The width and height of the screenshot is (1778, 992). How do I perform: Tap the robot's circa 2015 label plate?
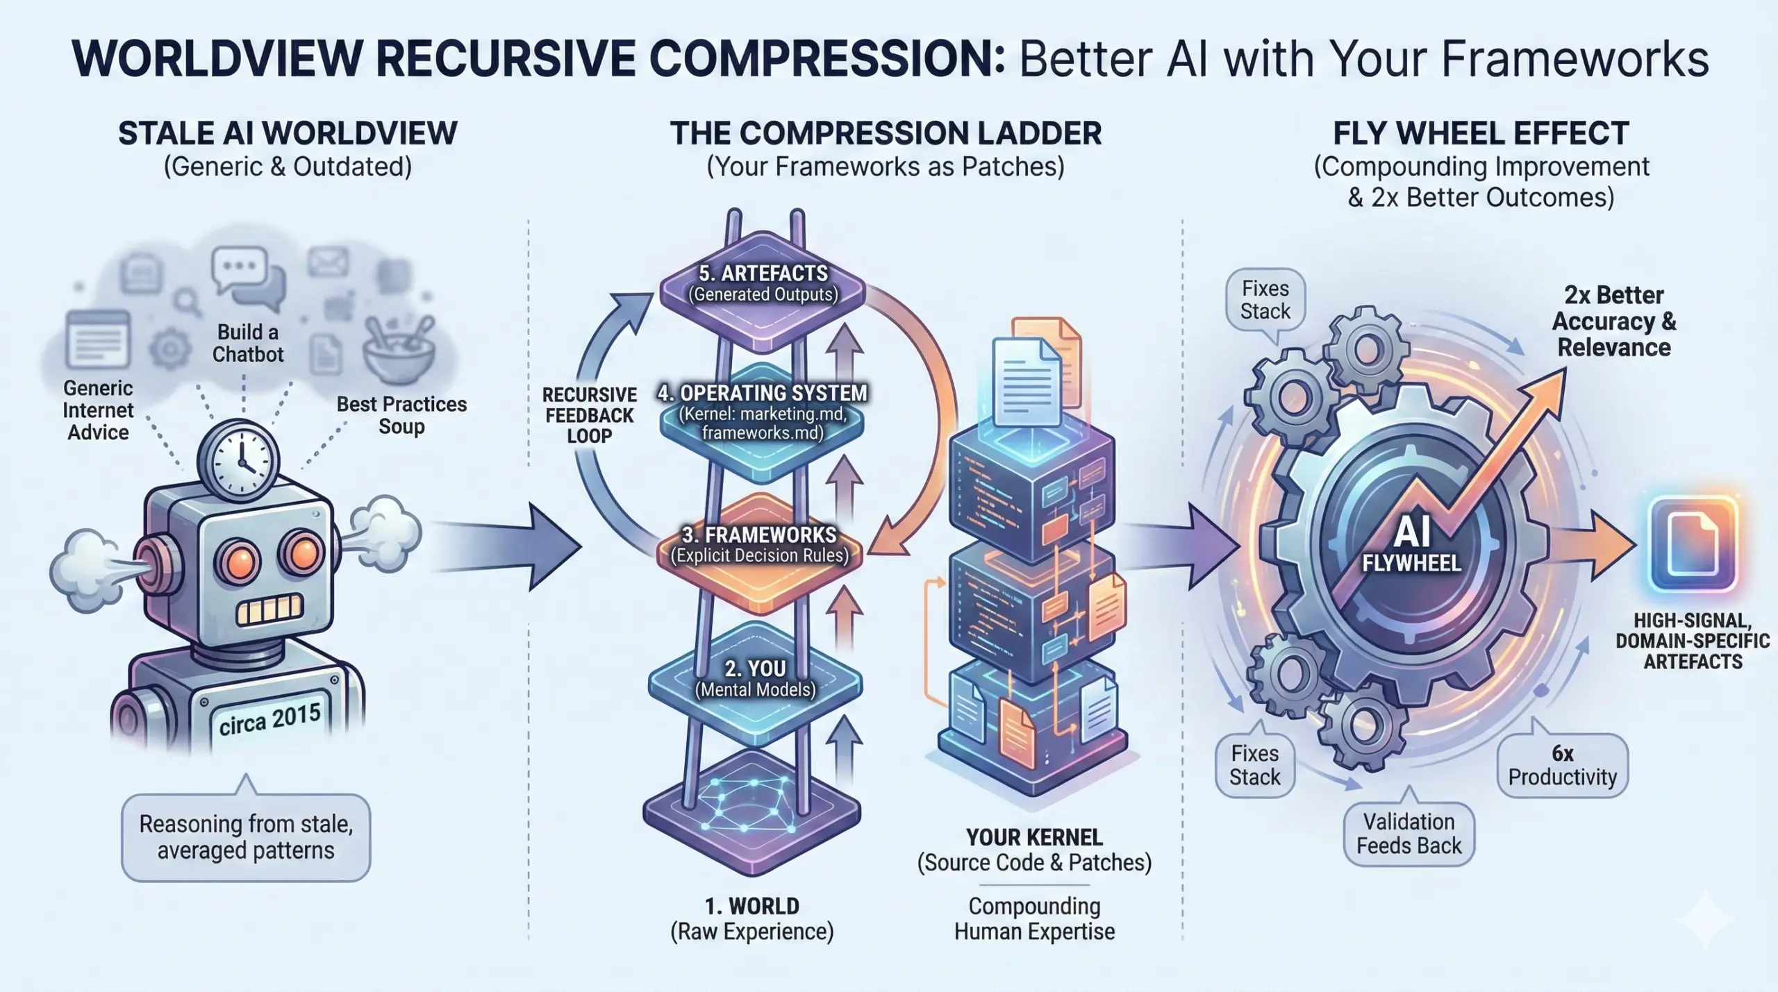click(269, 720)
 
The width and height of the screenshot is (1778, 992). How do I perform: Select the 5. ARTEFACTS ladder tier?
click(763, 284)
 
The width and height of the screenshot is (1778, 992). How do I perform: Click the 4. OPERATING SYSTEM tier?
click(763, 412)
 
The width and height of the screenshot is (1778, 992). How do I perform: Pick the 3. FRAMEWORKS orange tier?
click(760, 545)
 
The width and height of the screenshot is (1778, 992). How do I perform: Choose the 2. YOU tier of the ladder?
click(756, 678)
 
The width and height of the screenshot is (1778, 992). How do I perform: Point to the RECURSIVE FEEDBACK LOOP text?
click(589, 415)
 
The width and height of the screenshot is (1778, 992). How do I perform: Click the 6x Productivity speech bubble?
click(1562, 765)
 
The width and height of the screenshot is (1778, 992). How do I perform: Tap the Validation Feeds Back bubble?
click(1409, 834)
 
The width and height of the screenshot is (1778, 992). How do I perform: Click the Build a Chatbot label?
click(248, 343)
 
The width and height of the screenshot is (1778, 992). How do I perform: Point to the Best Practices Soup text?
click(401, 415)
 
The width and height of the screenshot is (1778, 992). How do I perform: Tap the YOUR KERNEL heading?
click(1034, 837)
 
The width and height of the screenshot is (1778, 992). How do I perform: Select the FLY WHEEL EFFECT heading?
click(1481, 133)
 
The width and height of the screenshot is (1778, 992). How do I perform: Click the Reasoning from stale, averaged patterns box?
click(246, 837)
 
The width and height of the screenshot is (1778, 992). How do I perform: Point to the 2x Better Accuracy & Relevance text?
click(1614, 321)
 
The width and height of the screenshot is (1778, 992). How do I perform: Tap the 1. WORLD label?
click(751, 906)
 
